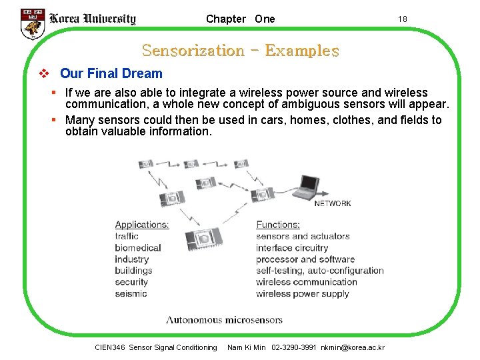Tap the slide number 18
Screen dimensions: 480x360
coord(402,19)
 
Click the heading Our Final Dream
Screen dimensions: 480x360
coord(111,73)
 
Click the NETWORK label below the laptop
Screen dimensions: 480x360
coord(332,203)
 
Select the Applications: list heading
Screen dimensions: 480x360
coord(142,225)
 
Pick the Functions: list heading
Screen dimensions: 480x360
coord(278,225)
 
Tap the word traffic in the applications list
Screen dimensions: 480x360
coord(127,236)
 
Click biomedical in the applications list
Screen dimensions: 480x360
coord(138,247)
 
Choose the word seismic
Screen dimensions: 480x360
coord(131,294)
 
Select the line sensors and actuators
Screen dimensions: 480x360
coord(303,236)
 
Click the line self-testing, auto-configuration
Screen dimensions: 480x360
coord(320,271)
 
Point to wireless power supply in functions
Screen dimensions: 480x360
coord(303,294)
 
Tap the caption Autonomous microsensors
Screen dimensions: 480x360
coord(224,320)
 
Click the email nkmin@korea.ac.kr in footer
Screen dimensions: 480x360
coord(353,347)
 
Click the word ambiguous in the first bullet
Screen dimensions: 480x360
coord(331,105)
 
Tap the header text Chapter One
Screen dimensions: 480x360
coord(240,19)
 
